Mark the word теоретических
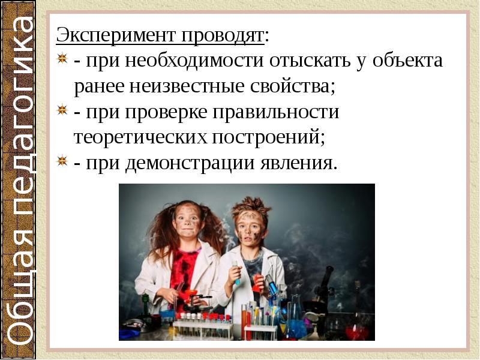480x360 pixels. pyautogui.click(x=140, y=137)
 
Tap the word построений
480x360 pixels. pyautogui.click(x=268, y=137)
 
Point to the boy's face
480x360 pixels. pyautogui.click(x=247, y=227)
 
